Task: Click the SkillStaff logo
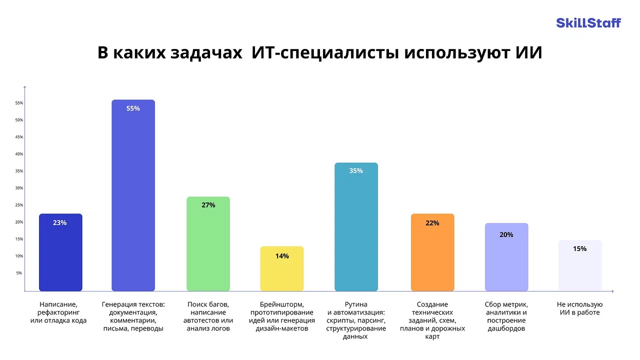(x=588, y=23)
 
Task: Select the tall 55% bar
(x=133, y=195)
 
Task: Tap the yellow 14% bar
(x=282, y=269)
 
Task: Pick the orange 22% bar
(x=432, y=252)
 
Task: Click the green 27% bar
(x=208, y=244)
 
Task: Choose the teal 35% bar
(x=356, y=227)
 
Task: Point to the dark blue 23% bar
(x=60, y=252)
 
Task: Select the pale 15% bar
(x=580, y=265)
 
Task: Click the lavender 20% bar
(x=506, y=257)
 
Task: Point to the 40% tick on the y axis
(x=19, y=154)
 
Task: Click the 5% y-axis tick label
(x=19, y=273)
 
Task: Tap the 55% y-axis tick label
(x=19, y=103)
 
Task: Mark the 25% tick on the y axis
(x=19, y=205)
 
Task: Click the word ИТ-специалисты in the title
(x=325, y=53)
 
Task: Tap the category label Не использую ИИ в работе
(x=579, y=308)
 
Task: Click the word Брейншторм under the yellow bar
(x=281, y=304)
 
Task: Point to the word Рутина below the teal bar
(x=356, y=304)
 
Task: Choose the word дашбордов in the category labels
(x=506, y=328)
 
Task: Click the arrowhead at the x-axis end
(x=612, y=291)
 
